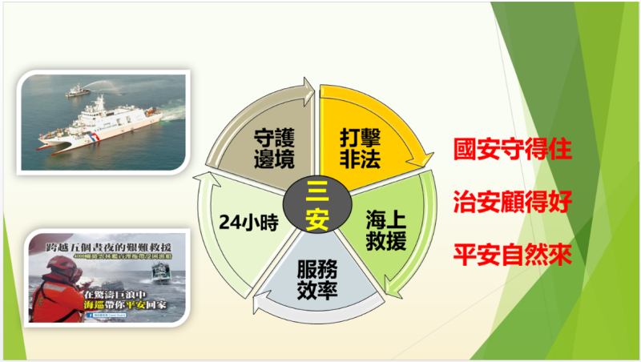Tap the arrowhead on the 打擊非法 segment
421,163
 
